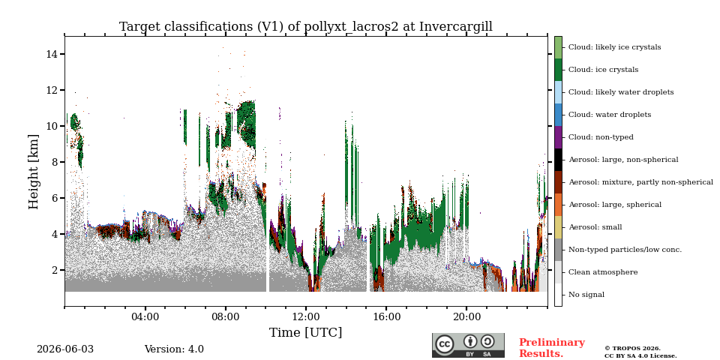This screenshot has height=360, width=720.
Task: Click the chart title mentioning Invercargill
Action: click(x=306, y=27)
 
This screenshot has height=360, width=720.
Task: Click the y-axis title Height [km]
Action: click(x=34, y=172)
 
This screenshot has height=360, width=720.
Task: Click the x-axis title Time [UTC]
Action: click(x=306, y=332)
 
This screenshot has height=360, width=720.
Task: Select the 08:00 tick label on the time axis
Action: click(x=226, y=317)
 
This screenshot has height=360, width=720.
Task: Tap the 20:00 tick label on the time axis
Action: click(x=466, y=317)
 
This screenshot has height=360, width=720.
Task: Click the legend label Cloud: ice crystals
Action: click(x=603, y=70)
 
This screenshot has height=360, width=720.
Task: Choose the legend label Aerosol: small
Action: click(x=595, y=227)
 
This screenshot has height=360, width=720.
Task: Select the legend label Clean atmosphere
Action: click(x=603, y=272)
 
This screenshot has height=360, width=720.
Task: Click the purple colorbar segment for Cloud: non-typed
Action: click(x=558, y=137)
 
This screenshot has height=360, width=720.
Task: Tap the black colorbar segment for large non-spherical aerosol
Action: click(x=558, y=160)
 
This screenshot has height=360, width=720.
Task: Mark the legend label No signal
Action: click(x=586, y=295)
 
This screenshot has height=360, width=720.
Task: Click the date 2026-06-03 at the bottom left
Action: click(x=64, y=349)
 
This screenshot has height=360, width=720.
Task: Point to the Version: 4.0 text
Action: click(x=174, y=349)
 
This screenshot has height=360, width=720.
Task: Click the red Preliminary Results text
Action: click(x=552, y=348)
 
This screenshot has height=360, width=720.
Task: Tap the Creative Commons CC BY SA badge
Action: click(x=468, y=345)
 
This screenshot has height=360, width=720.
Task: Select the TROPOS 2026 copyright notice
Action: click(x=640, y=352)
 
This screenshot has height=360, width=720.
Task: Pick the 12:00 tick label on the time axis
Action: click(x=306, y=317)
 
